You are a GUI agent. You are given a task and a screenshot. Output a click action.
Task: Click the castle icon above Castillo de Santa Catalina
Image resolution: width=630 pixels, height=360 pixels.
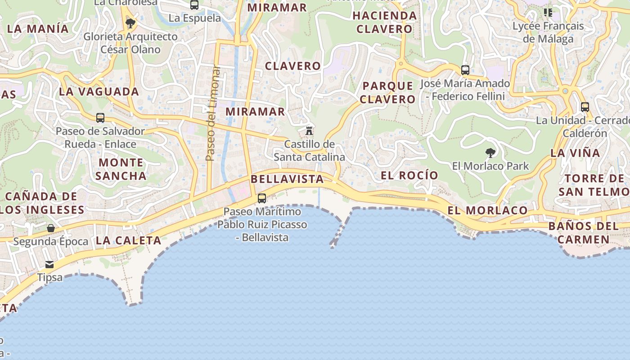309,131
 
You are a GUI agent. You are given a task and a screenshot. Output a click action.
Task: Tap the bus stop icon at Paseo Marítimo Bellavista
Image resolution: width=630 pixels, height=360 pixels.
261,198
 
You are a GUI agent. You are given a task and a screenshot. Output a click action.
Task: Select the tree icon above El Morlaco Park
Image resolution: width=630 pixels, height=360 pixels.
490,153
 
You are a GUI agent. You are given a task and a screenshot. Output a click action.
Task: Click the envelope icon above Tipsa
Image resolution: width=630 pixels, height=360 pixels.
49,264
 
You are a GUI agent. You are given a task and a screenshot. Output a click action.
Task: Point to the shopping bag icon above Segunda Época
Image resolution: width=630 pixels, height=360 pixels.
51,228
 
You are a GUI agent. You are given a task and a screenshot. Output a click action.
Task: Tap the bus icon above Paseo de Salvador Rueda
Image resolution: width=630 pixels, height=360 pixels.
100,118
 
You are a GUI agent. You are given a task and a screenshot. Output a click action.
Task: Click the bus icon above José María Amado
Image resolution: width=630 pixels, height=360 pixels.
465,70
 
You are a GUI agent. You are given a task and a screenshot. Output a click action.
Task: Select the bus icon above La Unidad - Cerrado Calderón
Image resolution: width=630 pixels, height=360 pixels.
585,107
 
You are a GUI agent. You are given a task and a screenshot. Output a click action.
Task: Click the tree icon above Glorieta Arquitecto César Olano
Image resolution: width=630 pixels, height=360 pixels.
130,23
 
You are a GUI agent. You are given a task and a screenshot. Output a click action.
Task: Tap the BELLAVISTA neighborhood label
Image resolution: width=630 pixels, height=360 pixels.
287,179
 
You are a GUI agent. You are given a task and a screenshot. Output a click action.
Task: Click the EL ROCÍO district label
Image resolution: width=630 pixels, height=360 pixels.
409,175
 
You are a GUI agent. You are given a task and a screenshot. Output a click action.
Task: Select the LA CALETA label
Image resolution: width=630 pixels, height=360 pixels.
128,241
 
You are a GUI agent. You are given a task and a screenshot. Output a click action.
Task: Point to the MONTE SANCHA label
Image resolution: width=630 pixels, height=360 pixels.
121,169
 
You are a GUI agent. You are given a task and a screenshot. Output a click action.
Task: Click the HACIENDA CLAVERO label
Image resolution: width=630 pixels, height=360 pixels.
384,22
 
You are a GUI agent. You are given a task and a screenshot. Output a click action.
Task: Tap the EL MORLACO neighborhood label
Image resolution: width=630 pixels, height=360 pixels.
487,210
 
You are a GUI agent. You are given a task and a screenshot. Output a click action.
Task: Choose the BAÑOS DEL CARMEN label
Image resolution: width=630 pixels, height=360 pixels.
584,232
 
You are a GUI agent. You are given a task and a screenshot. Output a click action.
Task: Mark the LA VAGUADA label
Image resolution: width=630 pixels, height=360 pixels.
99,92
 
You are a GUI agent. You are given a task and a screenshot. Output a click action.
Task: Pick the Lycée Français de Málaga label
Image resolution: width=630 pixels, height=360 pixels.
548,32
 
